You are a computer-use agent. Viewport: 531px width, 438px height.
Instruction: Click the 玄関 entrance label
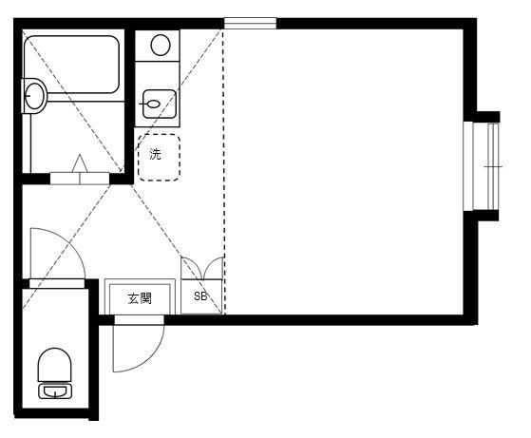pos(140,298)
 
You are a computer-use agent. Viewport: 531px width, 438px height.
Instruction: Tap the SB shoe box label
pos(200,296)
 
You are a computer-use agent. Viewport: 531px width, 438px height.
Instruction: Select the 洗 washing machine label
pos(156,155)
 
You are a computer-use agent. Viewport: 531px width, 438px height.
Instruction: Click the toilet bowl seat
pos(54,365)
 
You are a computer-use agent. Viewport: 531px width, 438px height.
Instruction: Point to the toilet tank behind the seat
pos(55,391)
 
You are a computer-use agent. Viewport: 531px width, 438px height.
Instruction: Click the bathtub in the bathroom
pos(71,65)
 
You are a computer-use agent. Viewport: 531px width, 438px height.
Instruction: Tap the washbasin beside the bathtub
pos(34,96)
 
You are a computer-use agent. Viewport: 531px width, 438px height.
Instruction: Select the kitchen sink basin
pos(160,104)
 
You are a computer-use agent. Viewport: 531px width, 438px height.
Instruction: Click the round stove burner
pos(161,45)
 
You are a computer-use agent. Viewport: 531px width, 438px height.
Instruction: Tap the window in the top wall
pos(250,24)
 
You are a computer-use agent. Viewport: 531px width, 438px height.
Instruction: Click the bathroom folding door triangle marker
pos(80,163)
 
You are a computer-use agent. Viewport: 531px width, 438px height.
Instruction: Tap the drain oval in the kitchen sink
pos(153,104)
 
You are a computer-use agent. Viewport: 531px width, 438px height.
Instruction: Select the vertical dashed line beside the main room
pos(224,171)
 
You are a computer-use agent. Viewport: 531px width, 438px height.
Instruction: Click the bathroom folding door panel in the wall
pos(80,179)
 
